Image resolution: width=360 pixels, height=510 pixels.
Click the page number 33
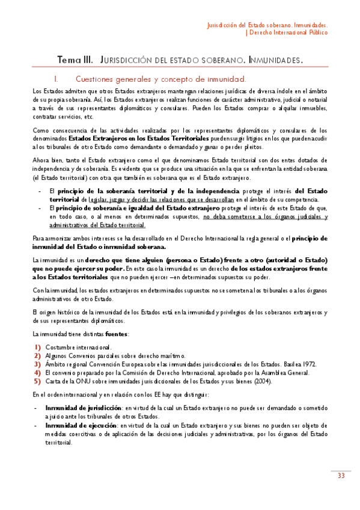point(340,476)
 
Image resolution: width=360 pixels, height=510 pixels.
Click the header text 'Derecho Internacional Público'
point(288,34)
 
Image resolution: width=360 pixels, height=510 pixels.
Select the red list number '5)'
point(37,381)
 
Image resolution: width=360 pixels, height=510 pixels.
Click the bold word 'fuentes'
point(115,333)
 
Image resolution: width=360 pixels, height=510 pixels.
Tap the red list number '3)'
point(37,364)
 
